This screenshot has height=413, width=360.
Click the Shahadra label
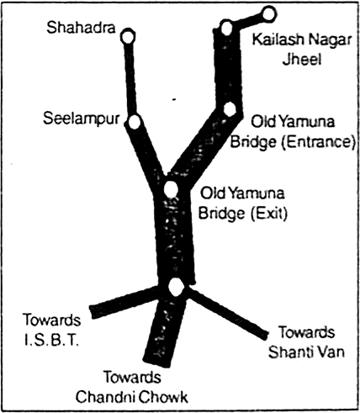pos(81,28)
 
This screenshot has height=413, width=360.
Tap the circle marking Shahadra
pos(128,37)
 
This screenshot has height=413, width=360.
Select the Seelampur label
pos(82,119)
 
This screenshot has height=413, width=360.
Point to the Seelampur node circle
pos(135,122)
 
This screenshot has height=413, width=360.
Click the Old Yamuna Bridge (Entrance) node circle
pos(230,109)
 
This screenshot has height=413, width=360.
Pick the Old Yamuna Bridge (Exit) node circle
pos(171,189)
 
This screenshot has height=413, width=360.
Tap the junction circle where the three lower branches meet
pos(176,287)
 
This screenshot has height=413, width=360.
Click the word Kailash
pos(278,40)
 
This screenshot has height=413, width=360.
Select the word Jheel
pos(301,59)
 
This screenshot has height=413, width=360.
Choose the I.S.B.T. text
pos(51,340)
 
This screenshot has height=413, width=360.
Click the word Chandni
pos(103,397)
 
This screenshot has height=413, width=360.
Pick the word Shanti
pos(290,352)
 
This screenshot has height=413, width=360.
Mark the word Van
pos(331,352)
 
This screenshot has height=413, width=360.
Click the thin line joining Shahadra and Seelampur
pos(131,79)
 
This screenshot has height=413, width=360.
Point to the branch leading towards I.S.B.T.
pos(124,302)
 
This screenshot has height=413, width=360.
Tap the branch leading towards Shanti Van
pos(228,311)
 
